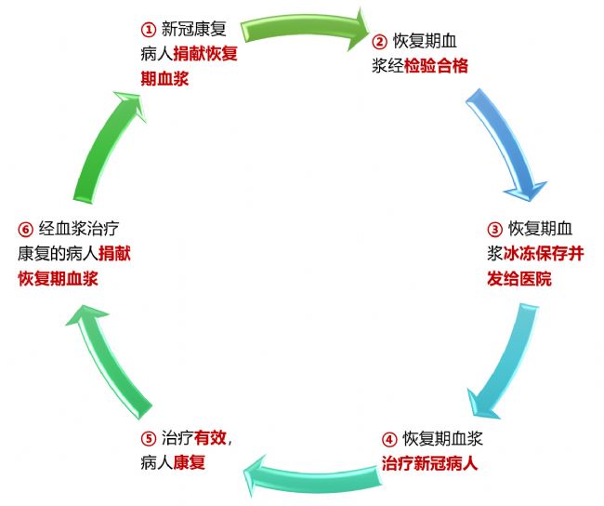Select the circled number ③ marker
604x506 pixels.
point(494,229)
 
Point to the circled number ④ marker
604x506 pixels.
point(389,438)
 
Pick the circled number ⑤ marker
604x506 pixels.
point(148,438)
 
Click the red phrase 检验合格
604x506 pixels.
point(436,66)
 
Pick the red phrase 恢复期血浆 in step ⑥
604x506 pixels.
point(58,278)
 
